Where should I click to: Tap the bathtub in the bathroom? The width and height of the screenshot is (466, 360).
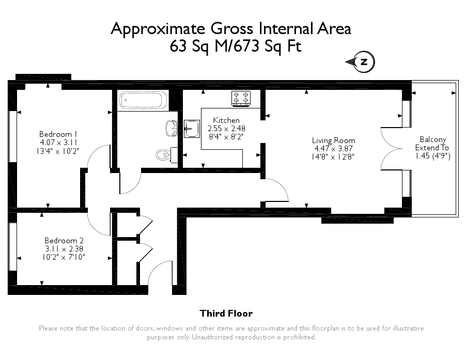(143, 100)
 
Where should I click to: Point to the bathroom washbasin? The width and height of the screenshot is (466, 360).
(172, 128)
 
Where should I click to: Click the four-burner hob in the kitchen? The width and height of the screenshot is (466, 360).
(241, 98)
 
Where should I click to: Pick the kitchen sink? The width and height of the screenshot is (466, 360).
(192, 129)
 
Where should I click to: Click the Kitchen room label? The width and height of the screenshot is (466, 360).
(226, 120)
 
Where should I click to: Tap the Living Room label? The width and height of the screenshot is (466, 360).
(333, 140)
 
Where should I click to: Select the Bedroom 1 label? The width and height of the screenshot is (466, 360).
(56, 134)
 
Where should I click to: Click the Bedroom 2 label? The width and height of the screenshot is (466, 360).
(64, 241)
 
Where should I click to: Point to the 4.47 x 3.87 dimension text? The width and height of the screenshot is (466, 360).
(333, 149)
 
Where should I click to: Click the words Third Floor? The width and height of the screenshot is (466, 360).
(226, 314)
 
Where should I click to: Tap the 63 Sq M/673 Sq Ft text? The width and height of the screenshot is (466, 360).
(236, 46)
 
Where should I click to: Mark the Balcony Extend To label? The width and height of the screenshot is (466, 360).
(432, 144)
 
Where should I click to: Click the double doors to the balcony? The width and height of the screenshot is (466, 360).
(392, 149)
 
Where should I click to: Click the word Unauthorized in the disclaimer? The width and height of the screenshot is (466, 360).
(213, 337)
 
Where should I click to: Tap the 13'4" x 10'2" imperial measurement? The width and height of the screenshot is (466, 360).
(58, 151)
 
